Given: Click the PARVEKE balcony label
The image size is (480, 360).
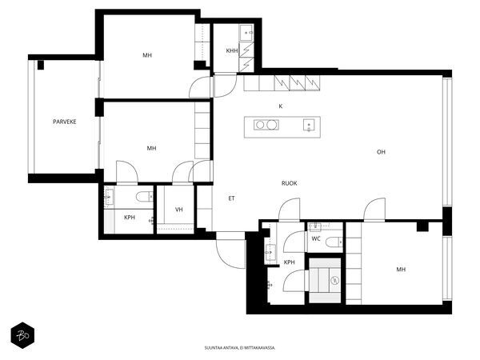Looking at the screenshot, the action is pyautogui.click(x=65, y=122).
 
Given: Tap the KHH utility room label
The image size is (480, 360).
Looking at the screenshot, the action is pyautogui.click(x=232, y=50).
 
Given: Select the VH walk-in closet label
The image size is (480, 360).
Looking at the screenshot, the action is pyautogui.click(x=178, y=210).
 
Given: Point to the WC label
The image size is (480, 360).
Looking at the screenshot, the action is pyautogui.click(x=316, y=238).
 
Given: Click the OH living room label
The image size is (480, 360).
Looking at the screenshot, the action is pyautogui.click(x=381, y=152).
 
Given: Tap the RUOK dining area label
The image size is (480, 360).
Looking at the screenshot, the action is pyautogui.click(x=289, y=183).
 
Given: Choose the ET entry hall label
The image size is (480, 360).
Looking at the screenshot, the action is pyautogui.click(x=231, y=198).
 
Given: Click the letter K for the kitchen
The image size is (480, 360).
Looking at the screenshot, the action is pyautogui.click(x=281, y=106).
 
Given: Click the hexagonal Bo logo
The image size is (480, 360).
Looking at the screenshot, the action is pyautogui.click(x=22, y=335).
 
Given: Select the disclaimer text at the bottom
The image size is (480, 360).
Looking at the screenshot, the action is pyautogui.click(x=240, y=348).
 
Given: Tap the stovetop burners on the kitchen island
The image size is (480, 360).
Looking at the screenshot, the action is pyautogui.click(x=266, y=125).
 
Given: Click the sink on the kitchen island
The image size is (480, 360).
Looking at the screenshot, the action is pyautogui.click(x=309, y=126).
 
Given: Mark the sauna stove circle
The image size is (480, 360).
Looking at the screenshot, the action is pyautogui.click(x=335, y=280).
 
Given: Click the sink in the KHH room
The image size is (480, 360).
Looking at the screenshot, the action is pyautogui.click(x=246, y=33).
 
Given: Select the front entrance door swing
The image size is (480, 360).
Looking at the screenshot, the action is pyautogui.click(x=231, y=251).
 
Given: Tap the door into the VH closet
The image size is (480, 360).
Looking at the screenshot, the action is pyautogui.click(x=182, y=172).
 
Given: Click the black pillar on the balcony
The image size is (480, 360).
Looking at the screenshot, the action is pyautogui.click(x=41, y=65).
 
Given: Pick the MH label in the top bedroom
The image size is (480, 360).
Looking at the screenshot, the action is pyautogui.click(x=147, y=55).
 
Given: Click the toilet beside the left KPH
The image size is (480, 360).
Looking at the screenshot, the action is pyautogui.click(x=145, y=197).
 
